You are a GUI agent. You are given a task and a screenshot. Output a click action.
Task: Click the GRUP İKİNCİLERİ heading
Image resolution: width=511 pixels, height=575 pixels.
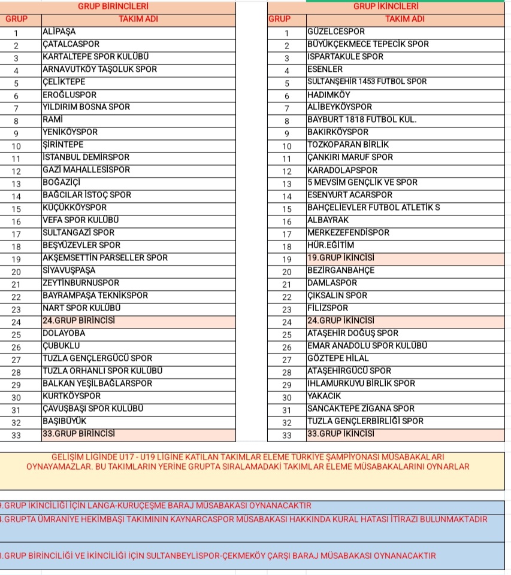coord(386,7)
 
